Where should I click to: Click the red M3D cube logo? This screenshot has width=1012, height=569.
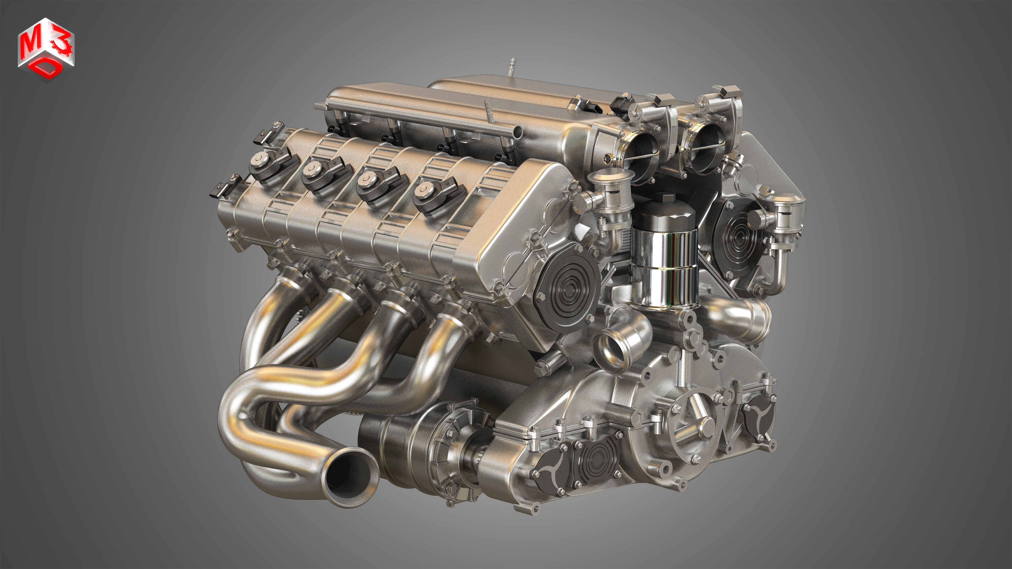coord(46,50)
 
